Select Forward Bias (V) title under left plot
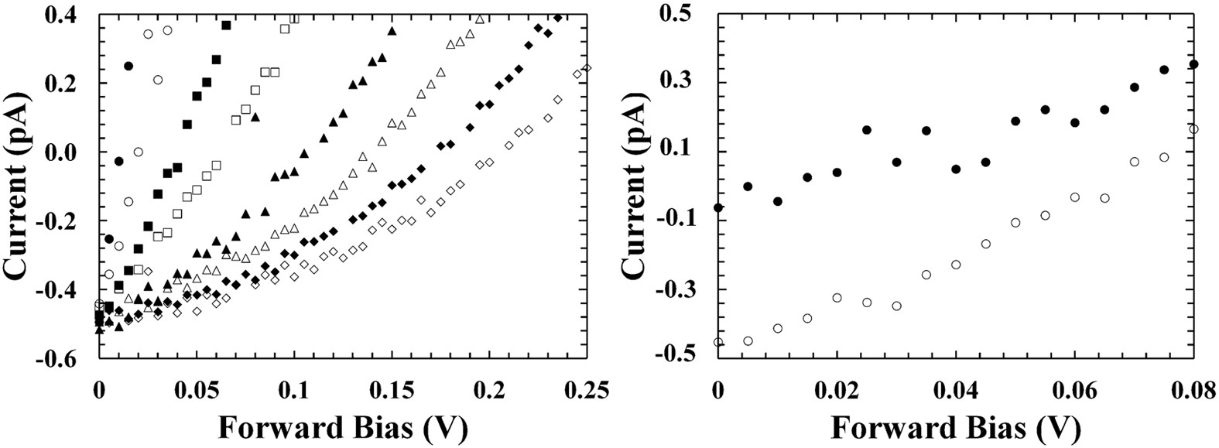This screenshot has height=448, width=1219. [x=342, y=426]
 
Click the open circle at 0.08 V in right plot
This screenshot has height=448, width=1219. [x=1193, y=128]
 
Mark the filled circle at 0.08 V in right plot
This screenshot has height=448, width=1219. [x=1193, y=64]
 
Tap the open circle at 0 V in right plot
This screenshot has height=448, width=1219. [x=718, y=342]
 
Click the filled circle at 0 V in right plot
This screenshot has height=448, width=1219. [x=718, y=207]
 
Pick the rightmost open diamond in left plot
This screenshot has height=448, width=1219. [x=587, y=68]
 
